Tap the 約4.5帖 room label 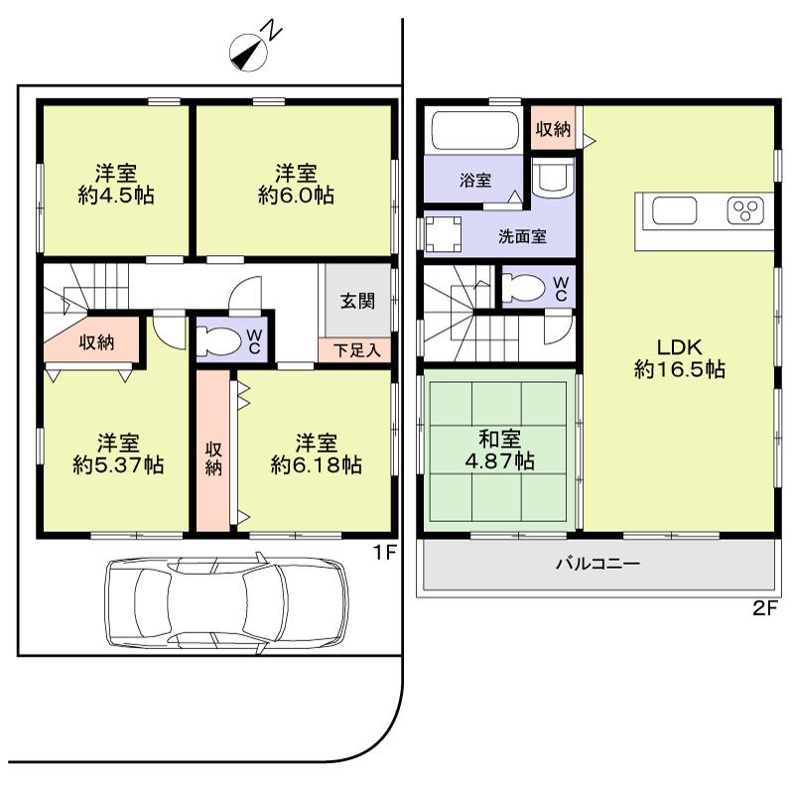116,183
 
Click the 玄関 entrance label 358,302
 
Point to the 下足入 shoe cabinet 355,349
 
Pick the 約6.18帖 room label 315,453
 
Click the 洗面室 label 521,237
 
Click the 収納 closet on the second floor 553,129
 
